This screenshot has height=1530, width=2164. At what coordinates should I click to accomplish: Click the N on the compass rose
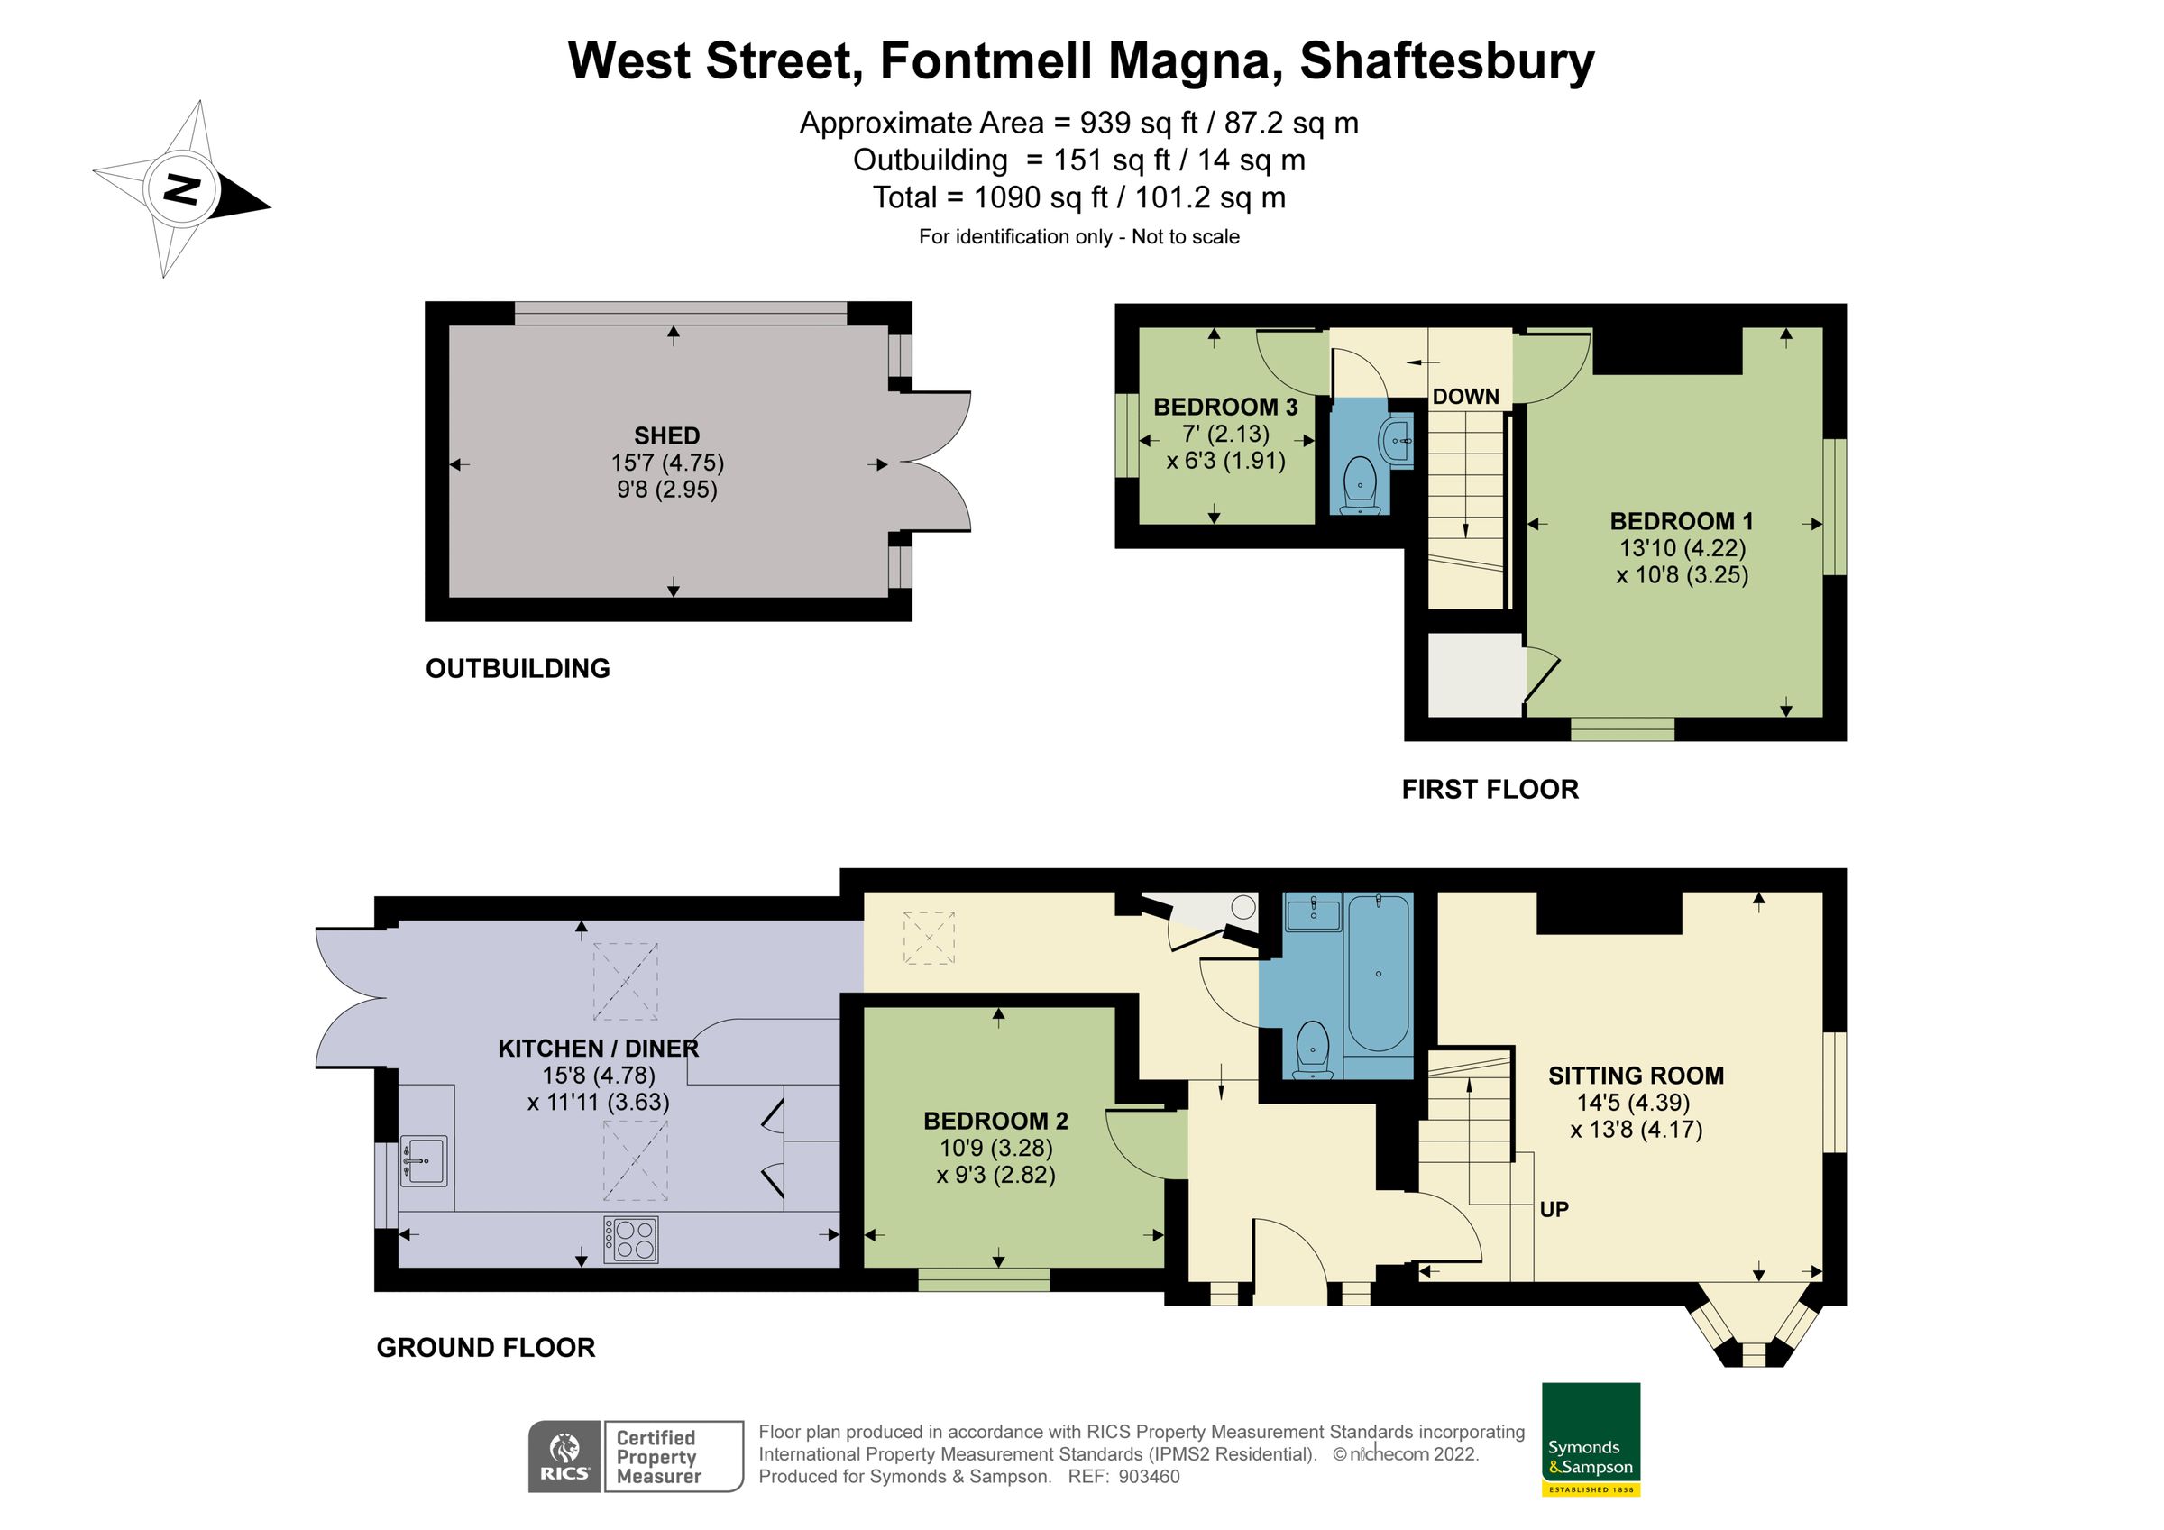click(x=182, y=188)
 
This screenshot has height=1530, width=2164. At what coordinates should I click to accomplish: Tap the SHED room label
click(x=666, y=435)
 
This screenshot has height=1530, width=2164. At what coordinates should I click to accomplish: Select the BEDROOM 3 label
click(x=1224, y=408)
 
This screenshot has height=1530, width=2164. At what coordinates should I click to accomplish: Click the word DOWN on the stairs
click(x=1464, y=397)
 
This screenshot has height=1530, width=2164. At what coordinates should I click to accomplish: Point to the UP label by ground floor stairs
click(x=1554, y=1209)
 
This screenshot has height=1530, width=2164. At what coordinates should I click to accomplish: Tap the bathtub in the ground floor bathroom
click(x=1377, y=973)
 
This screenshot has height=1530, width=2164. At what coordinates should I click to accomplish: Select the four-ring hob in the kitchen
click(x=630, y=1239)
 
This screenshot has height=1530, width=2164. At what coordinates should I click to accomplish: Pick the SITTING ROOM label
click(x=1636, y=1076)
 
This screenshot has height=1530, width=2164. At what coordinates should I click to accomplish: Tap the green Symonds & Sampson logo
click(x=1590, y=1438)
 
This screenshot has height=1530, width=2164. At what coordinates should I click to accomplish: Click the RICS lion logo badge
click(x=564, y=1455)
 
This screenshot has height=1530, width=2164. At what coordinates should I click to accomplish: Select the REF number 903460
click(x=1148, y=1477)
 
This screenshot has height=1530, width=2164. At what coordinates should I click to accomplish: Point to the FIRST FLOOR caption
click(x=1490, y=789)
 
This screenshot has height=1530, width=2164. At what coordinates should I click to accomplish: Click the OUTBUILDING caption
click(x=518, y=668)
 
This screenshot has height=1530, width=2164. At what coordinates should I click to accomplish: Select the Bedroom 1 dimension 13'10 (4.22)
click(x=1682, y=547)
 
